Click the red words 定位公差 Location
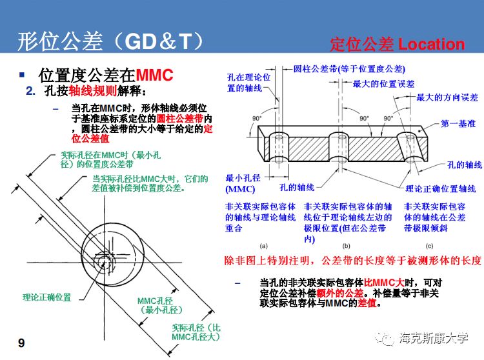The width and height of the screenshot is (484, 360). click(x=397, y=45)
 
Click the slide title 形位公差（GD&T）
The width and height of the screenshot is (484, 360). click(x=110, y=41)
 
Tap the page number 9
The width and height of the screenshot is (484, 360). click(x=21, y=343)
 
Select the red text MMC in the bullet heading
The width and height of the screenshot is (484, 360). click(x=156, y=75)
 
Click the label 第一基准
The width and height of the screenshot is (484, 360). click(x=458, y=123)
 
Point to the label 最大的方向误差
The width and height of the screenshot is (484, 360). click(x=447, y=97)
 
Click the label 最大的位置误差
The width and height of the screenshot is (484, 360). click(x=383, y=84)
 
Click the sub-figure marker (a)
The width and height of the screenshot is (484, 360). click(x=263, y=246)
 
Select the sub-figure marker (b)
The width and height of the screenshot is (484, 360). click(x=346, y=246)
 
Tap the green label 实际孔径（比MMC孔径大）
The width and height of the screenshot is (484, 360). click(x=196, y=332)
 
